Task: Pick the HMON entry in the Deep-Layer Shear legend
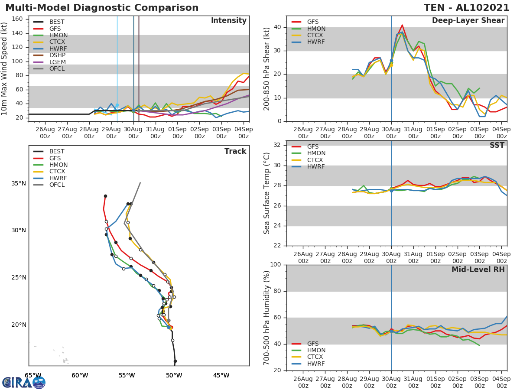316,29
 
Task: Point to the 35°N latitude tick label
18,183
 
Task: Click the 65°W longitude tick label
33,375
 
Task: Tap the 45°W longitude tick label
221,375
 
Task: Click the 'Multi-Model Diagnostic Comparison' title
102,8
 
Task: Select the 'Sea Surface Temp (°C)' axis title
267,193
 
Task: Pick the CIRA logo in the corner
24,382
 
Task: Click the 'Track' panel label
235,151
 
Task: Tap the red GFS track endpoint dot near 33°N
105,196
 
